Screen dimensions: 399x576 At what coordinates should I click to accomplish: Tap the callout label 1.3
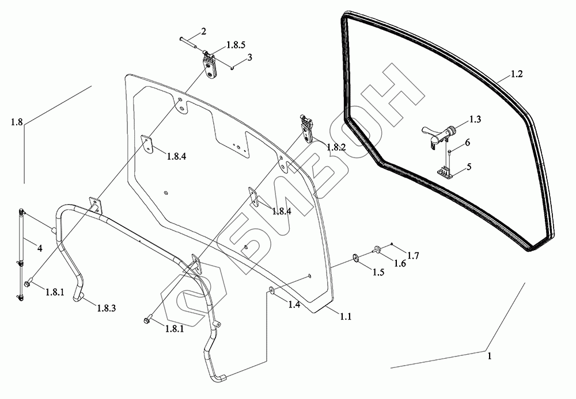[x=475, y=120]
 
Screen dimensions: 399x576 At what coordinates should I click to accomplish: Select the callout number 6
[x=467, y=142]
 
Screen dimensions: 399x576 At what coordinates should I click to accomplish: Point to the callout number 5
[x=469, y=167]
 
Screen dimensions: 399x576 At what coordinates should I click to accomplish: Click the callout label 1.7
[x=412, y=255]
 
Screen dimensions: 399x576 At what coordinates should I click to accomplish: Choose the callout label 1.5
[x=378, y=272]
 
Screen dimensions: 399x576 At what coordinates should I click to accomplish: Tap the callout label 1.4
[x=294, y=305]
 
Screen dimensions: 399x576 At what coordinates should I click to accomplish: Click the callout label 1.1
[x=346, y=316]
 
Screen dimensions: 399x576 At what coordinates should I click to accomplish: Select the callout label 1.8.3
[x=107, y=309]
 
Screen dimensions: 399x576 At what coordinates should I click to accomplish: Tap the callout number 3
[x=249, y=57]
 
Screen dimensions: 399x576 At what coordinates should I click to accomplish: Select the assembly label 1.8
[x=16, y=122]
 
